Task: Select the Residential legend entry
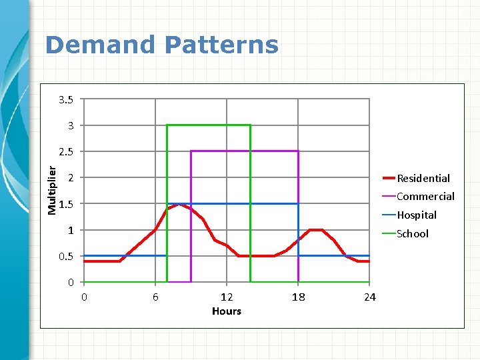pos(423,178)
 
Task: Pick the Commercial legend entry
pos(425,196)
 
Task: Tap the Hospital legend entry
pos(417,215)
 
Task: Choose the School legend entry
pos(413,233)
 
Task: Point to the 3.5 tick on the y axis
pos(66,100)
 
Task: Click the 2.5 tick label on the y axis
pos(66,152)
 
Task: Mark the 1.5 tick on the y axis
pos(66,204)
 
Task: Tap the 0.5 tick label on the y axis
pos(66,256)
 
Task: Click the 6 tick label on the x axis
pos(155,297)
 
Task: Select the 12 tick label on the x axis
pos(227,297)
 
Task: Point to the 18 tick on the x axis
pos(298,297)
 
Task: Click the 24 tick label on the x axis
pos(369,297)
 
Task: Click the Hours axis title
pos(227,311)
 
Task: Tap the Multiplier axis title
pos(52,191)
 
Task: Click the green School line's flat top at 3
pos(208,125)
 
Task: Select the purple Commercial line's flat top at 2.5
pos(244,151)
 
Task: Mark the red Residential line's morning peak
pos(179,205)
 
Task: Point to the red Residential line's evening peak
pos(316,230)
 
